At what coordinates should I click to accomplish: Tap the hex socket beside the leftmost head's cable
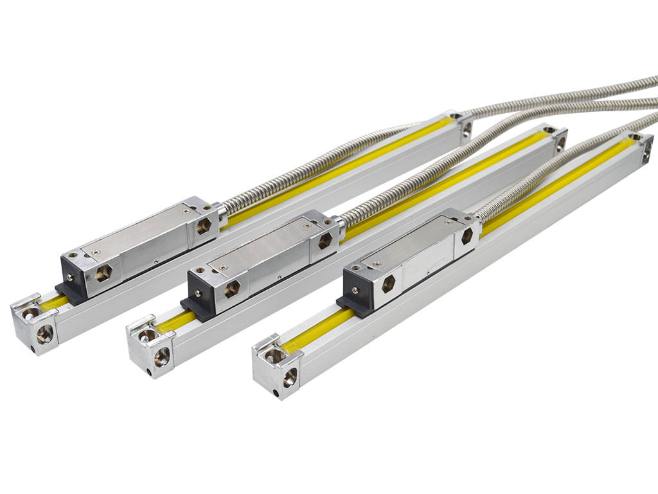(204, 226)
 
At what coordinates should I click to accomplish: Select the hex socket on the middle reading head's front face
(232, 289)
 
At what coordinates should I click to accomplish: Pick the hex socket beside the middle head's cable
(325, 241)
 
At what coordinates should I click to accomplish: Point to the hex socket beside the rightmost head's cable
(467, 236)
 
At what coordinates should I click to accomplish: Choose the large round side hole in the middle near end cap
(161, 356)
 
